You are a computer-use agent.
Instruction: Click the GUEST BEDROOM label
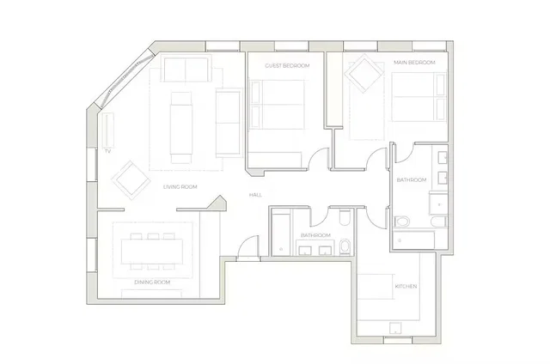(x=287, y=65)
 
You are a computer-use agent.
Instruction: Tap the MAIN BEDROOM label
(x=413, y=64)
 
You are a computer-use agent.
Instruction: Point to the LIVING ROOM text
(x=180, y=186)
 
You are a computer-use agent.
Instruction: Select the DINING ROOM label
(x=152, y=282)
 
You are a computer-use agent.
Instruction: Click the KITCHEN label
(x=406, y=286)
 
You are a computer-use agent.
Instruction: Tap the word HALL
(x=255, y=195)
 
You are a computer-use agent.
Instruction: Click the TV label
(x=108, y=151)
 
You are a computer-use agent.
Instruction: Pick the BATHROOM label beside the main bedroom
(x=412, y=179)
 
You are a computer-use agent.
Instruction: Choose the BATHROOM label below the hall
(x=315, y=235)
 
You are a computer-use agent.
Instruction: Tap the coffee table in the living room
(x=181, y=124)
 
